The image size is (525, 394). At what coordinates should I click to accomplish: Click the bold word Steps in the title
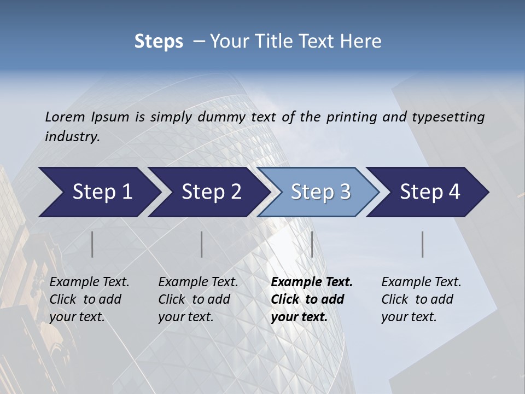(159, 42)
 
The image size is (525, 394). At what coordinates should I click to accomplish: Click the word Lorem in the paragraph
(65, 117)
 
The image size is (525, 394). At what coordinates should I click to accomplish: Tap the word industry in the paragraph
(72, 136)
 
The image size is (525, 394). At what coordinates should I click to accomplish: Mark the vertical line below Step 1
(92, 244)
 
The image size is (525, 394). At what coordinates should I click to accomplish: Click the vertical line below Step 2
(202, 244)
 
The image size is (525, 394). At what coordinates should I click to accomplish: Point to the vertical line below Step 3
(312, 244)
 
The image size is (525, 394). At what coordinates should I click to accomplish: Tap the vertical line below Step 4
(423, 244)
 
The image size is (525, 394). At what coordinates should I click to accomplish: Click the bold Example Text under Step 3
(312, 282)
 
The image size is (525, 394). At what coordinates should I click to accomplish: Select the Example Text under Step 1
(89, 282)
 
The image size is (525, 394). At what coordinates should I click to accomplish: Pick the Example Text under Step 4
(421, 282)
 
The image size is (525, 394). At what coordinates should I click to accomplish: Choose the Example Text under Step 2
(198, 282)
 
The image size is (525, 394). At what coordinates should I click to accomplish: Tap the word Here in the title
(363, 42)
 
